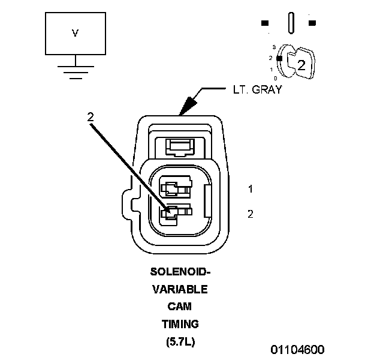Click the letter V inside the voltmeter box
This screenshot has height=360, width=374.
(x=75, y=34)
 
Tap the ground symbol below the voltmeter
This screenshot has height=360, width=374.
(x=75, y=71)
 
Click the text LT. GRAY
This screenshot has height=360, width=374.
(x=257, y=91)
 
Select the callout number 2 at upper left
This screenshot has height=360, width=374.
(x=91, y=118)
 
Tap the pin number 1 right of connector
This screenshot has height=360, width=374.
(x=250, y=189)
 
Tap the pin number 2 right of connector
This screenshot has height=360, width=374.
(x=250, y=214)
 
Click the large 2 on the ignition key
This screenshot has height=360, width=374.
(x=301, y=65)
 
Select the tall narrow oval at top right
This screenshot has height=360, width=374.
(x=292, y=23)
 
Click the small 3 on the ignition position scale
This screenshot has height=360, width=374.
(x=273, y=46)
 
